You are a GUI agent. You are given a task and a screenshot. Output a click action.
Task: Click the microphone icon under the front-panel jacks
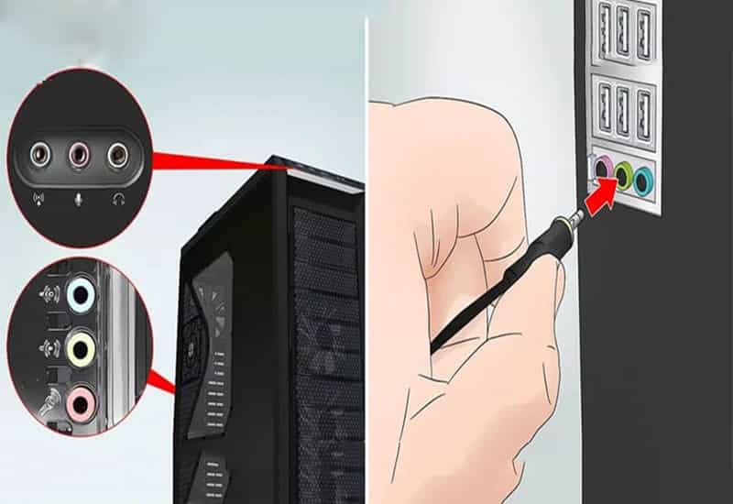coord(78,199)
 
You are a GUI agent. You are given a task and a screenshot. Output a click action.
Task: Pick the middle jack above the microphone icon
coord(78,156)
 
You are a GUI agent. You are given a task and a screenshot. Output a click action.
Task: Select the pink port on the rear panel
coord(603,169)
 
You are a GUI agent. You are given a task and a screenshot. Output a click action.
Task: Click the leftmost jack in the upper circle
coord(39,156)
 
